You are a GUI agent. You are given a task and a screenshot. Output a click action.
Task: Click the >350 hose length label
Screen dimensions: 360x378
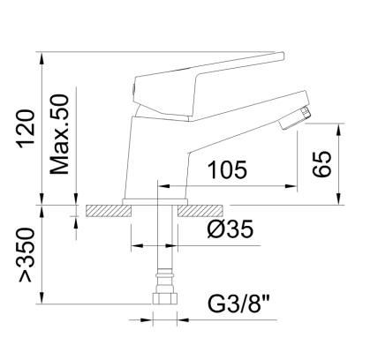pos(26,255)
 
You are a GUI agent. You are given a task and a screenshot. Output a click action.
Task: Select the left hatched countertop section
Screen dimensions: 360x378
pos(108,211)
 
